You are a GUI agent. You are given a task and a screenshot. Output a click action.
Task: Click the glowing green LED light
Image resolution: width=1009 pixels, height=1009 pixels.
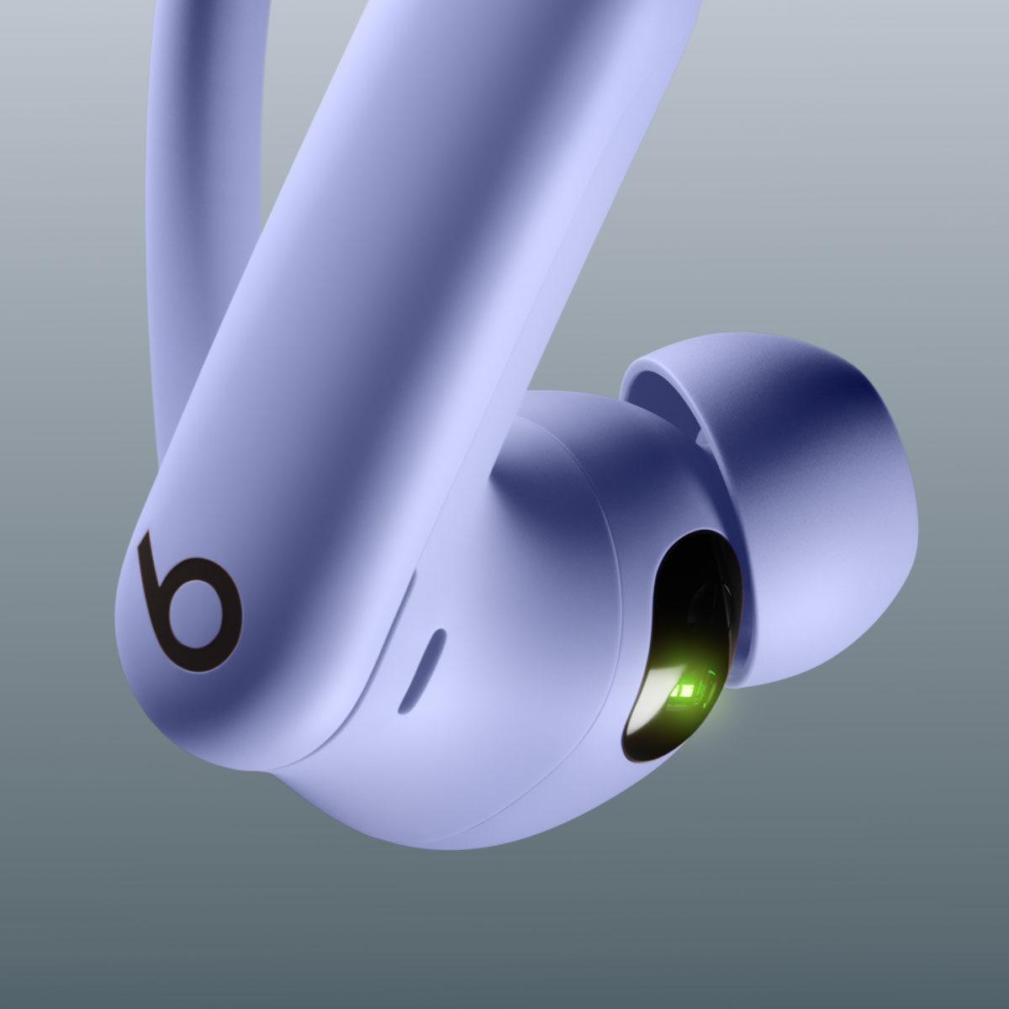coord(685,690)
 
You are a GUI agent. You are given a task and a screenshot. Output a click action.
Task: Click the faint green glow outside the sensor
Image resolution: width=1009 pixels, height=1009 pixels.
coord(727,715)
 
